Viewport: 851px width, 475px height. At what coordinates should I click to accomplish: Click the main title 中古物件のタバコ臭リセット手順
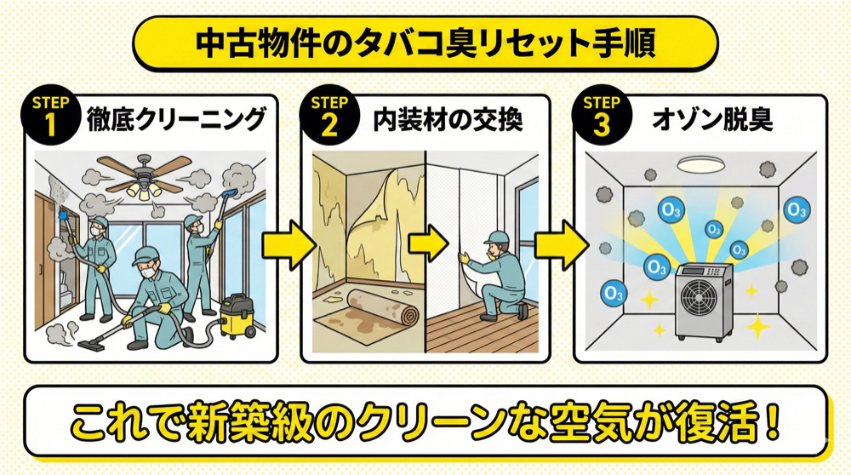click(425, 43)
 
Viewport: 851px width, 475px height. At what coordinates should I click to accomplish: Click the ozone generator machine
click(704, 300)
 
